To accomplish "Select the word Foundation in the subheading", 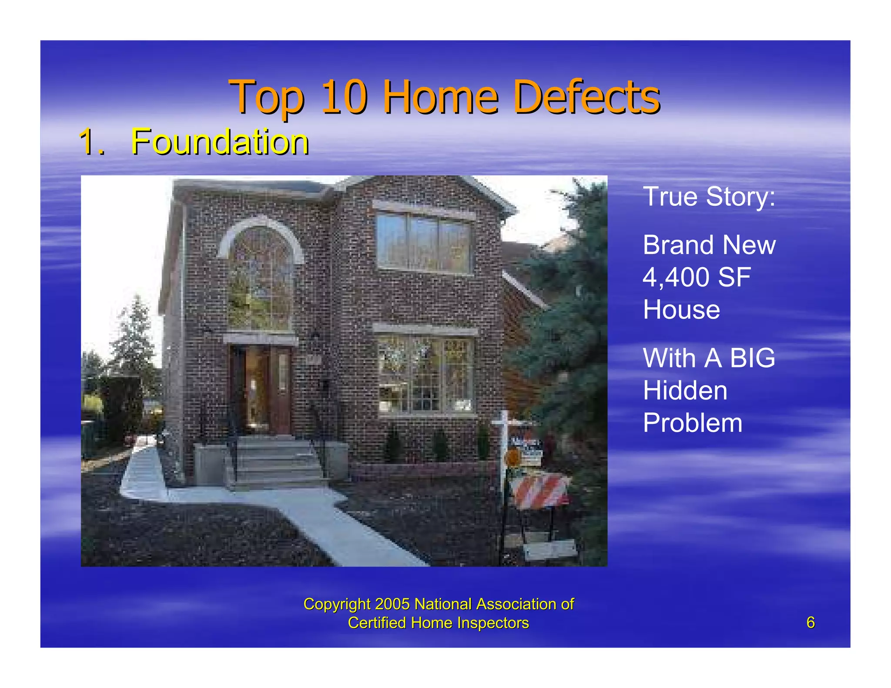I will click(x=220, y=142).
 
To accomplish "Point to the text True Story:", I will click(x=709, y=197).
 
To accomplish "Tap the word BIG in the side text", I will click(x=752, y=358).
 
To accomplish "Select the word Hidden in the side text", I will click(x=685, y=391).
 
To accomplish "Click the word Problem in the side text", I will click(x=692, y=423).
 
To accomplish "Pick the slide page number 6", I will click(x=810, y=622).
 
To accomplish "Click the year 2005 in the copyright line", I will click(x=392, y=604).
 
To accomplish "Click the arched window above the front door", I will click(x=261, y=278).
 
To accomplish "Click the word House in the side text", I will click(x=681, y=310).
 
